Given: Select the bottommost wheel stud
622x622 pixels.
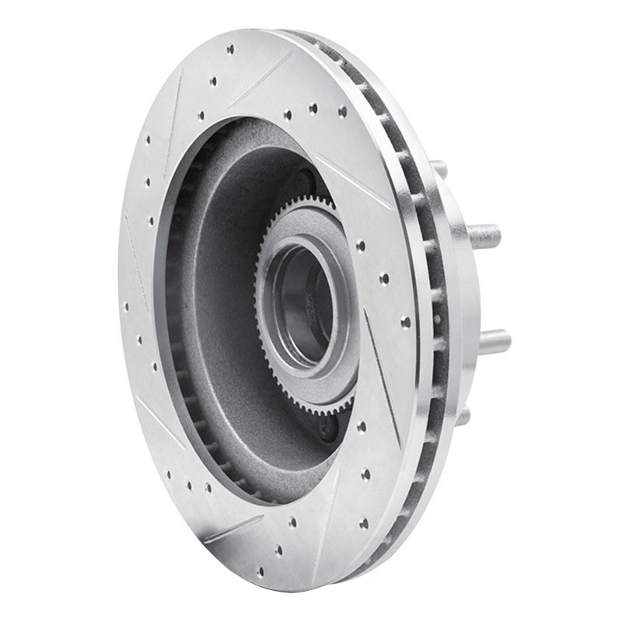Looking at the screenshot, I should (x=463, y=415).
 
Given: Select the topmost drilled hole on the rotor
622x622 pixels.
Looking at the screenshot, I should (x=230, y=49).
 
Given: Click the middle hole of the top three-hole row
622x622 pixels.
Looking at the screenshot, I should (x=313, y=110).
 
